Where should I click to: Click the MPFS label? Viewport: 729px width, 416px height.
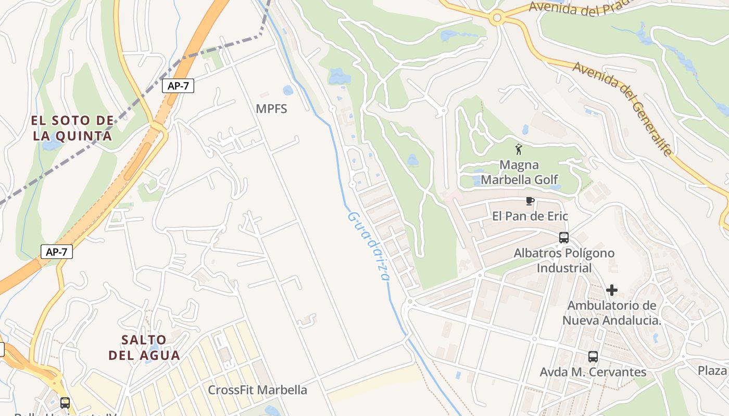click(x=271, y=109)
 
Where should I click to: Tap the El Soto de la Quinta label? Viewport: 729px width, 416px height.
click(x=71, y=128)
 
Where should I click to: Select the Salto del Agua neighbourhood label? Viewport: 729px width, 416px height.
click(x=144, y=347)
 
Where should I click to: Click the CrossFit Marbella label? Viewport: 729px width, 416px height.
click(x=257, y=390)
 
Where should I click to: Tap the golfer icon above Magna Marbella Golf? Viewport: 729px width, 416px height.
click(x=519, y=150)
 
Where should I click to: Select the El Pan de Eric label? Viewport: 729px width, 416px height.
click(x=530, y=216)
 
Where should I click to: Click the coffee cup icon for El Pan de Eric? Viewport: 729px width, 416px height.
click(x=530, y=201)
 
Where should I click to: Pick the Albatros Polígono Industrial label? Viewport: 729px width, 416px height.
click(x=564, y=261)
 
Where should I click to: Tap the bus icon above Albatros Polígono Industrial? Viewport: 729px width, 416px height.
click(x=564, y=238)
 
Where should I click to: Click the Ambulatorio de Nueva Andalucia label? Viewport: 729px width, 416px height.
click(x=612, y=313)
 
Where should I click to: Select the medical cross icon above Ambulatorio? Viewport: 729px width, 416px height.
click(x=612, y=290)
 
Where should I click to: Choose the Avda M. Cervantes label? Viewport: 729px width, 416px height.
click(x=593, y=372)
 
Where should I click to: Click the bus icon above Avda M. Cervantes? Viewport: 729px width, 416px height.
click(x=593, y=357)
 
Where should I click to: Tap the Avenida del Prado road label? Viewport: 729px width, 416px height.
click(x=581, y=8)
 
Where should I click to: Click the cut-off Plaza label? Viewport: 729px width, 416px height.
click(x=713, y=371)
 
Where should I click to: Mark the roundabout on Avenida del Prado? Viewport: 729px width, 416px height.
click(x=497, y=19)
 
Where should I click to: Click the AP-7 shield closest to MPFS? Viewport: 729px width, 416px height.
click(x=178, y=86)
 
